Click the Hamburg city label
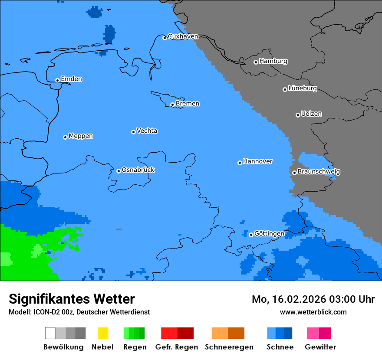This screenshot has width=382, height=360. click(273, 61)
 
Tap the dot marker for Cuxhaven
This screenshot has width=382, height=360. click(165, 38)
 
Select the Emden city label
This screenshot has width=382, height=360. click(71, 79)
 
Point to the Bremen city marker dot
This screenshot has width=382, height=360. click(172, 105)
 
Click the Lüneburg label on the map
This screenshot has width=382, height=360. click(302, 88)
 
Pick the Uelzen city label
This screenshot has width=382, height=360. click(311, 114)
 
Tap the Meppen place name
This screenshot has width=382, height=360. click(81, 136)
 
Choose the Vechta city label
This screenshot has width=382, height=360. click(147, 131)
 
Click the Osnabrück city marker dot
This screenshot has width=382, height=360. click(119, 171)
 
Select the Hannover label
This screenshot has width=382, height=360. click(257, 161)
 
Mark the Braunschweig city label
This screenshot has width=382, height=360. click(319, 172)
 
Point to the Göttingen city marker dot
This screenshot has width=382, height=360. click(251, 235)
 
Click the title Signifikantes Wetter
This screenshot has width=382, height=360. click(72, 299)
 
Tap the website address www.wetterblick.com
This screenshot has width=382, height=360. click(313, 312)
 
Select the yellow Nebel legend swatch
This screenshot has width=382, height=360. click(103, 333)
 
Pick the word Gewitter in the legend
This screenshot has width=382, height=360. click(320, 347)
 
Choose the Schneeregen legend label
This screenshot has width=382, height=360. click(229, 347)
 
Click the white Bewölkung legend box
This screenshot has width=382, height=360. click(50, 333)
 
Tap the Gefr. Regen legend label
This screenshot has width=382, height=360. click(177, 347)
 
